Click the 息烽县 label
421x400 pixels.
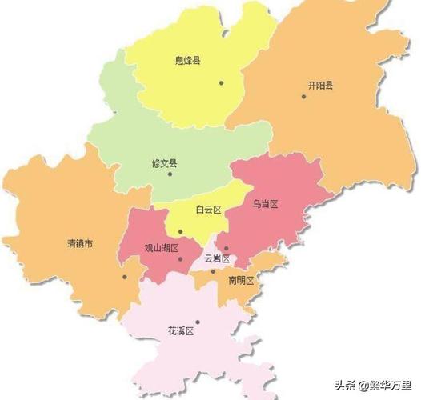[x=187, y=61]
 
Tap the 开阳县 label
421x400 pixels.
[x=320, y=85]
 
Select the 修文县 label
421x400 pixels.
[x=165, y=163]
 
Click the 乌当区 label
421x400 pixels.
[x=264, y=205]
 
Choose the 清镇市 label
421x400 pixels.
[x=80, y=243]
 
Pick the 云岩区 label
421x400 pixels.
[x=217, y=258]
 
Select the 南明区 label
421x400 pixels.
[x=241, y=280]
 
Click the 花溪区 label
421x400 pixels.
[x=180, y=330]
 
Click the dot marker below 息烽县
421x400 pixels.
[x=220, y=82]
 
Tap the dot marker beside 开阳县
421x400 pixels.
[x=303, y=97]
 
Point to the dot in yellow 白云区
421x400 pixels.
[x=181, y=232]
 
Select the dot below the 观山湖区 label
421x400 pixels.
[x=181, y=259]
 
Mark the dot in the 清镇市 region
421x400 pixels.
[x=125, y=277]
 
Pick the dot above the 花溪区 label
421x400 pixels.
[x=198, y=322]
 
